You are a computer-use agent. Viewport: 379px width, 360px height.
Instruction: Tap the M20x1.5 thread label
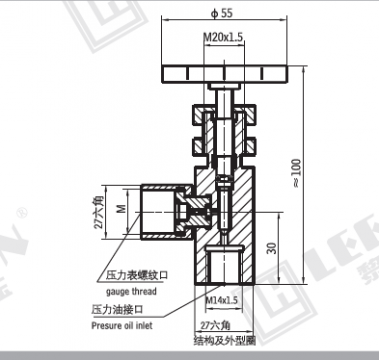click(x=224, y=37)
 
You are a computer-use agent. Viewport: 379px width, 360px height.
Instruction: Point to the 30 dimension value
click(x=270, y=245)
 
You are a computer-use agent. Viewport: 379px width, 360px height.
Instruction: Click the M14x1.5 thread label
click(x=221, y=300)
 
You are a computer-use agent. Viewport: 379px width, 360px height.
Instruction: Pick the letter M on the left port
click(x=120, y=208)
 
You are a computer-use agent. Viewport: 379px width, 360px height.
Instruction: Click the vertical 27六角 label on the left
click(x=98, y=211)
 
